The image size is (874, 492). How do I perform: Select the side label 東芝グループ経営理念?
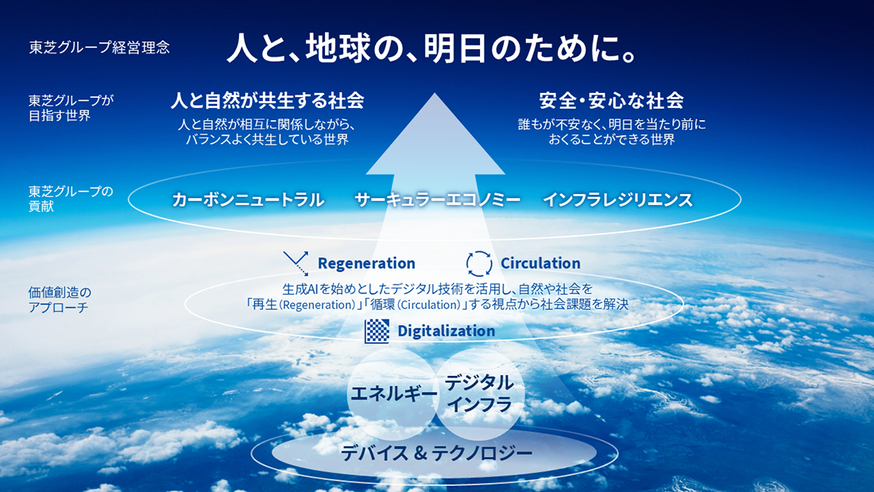tap(99, 47)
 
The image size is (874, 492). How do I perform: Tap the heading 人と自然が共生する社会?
tap(267, 101)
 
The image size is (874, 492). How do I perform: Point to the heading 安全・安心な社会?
tap(611, 101)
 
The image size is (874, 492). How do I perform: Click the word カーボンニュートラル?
tap(248, 200)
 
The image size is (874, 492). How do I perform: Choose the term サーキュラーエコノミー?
tap(437, 200)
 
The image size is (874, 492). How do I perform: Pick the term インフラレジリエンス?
tap(617, 200)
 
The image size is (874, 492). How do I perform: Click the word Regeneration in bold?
tap(366, 263)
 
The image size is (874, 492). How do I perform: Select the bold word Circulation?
tap(540, 263)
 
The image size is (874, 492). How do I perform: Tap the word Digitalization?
tap(446, 331)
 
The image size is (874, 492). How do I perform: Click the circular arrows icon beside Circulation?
tap(479, 263)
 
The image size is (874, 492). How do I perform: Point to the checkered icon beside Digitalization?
tap(377, 331)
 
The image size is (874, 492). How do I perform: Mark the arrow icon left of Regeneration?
tap(296, 263)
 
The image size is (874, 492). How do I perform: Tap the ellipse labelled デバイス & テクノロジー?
tap(435, 453)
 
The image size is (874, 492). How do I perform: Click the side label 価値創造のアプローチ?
tap(60, 300)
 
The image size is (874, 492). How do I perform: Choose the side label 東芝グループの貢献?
tap(70, 198)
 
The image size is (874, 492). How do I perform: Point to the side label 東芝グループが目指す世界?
tap(71, 108)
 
